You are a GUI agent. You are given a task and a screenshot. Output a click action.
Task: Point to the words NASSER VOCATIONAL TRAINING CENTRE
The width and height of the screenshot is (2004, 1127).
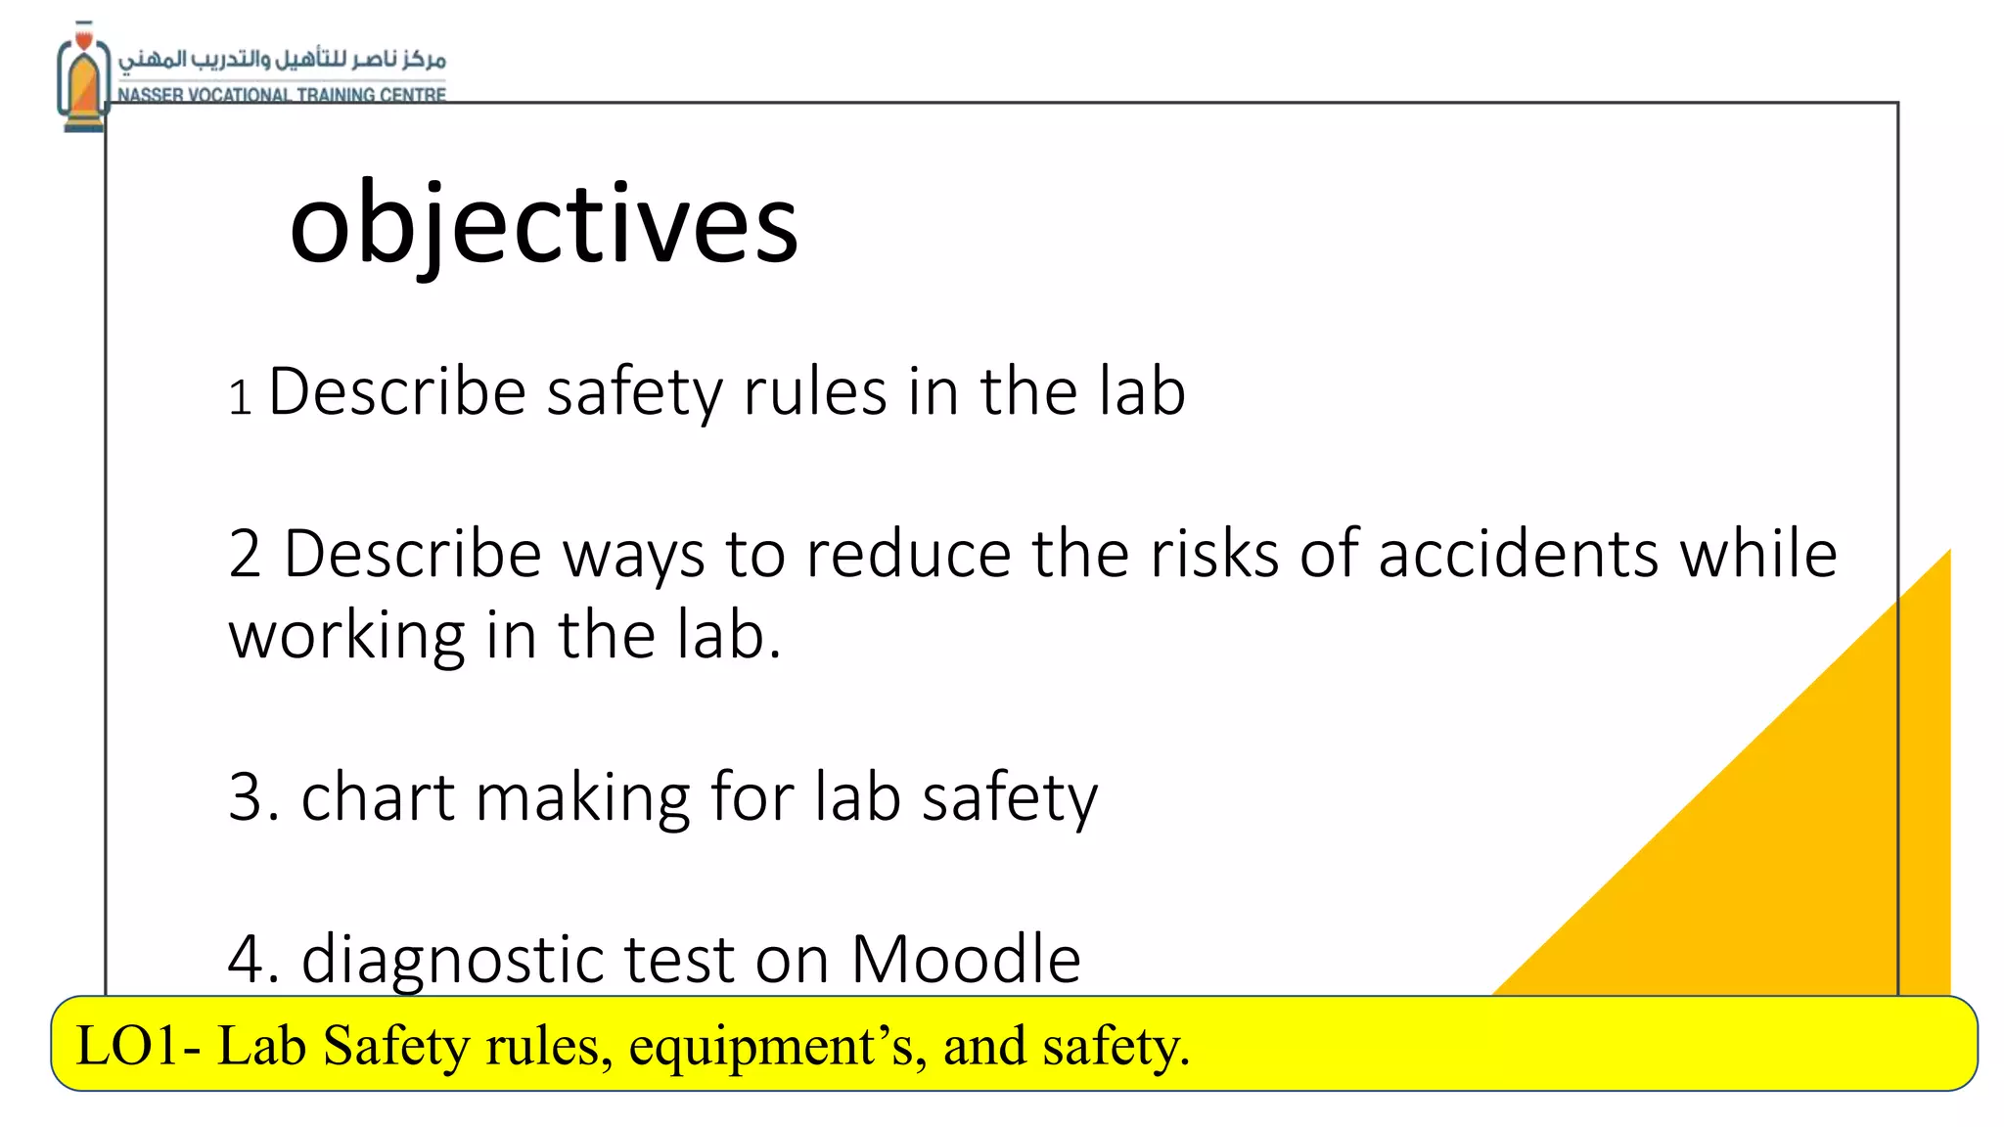[282, 95]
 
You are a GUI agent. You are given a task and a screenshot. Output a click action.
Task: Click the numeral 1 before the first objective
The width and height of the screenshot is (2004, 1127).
[240, 398]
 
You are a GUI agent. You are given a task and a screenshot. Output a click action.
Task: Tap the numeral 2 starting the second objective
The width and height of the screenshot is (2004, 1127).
[245, 555]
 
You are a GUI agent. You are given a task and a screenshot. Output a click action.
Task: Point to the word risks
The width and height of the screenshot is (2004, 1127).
[1214, 555]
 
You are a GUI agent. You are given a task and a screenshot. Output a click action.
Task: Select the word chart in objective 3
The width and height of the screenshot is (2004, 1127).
[378, 796]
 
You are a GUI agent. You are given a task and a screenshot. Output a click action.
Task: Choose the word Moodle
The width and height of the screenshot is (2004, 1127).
[966, 959]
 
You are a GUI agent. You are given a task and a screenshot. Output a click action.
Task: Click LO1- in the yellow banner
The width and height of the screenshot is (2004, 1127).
[138, 1046]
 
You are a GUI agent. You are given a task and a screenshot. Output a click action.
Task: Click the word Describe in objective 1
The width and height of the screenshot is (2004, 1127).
[397, 392]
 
